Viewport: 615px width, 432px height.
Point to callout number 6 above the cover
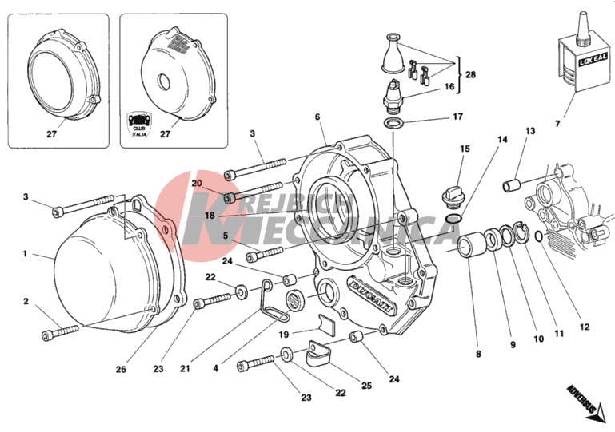pos(317,117)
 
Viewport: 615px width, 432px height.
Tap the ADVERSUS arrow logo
pos(582,401)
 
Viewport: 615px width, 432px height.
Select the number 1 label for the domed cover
pos(25,254)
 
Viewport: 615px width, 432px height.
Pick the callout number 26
pos(121,369)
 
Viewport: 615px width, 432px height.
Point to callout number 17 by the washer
pos(457,117)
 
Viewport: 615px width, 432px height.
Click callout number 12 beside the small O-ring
pos(585,327)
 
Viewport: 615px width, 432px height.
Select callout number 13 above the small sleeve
pos(530,131)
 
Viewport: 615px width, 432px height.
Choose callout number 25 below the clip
pos(366,386)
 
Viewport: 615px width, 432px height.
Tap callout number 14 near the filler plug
pos(503,140)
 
